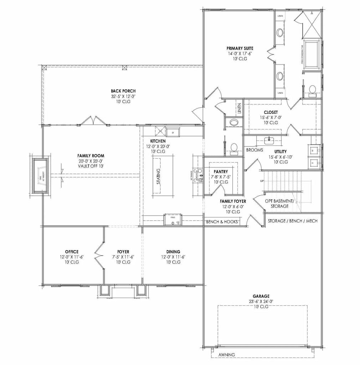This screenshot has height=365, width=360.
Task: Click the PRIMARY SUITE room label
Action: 240,48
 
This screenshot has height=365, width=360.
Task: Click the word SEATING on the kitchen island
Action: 158,176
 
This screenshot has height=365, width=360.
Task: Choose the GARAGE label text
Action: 261,296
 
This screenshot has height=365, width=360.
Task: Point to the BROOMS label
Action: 254,150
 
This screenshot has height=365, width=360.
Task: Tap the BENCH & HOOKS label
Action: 222,222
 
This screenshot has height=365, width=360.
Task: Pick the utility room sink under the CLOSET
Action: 268,139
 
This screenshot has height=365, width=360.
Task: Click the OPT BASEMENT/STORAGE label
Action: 279,204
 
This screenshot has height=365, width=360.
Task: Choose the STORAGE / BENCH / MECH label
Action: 292,221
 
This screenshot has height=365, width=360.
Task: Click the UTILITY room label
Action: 281,151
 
